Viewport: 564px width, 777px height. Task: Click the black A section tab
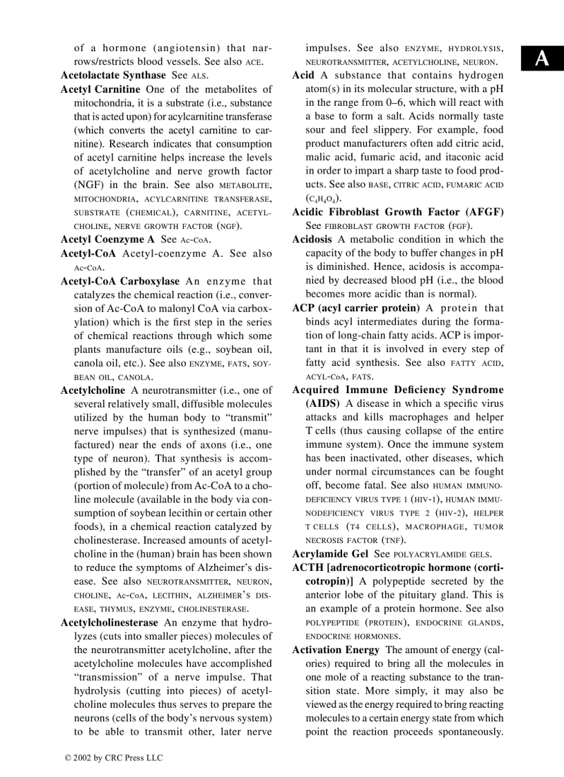(543, 59)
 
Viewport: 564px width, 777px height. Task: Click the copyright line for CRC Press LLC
(114, 758)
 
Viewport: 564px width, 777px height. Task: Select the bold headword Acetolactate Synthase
(113, 75)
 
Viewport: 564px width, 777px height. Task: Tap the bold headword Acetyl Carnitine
(100, 89)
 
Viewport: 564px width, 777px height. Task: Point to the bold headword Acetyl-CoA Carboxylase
(120, 282)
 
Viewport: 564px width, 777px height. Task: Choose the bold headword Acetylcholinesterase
(109, 623)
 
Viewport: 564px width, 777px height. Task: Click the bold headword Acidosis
(312, 239)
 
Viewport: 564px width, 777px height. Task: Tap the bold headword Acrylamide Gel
(330, 554)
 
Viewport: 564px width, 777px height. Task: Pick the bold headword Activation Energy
(336, 650)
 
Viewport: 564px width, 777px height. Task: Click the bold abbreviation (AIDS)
(322, 403)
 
